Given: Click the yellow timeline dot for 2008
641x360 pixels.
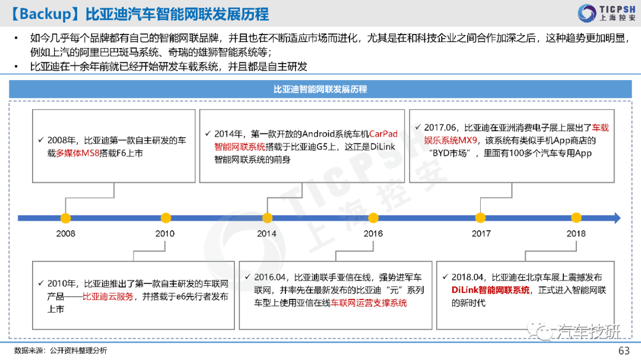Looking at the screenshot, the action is (x=65, y=218).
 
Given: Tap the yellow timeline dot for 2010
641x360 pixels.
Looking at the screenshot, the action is (x=166, y=218).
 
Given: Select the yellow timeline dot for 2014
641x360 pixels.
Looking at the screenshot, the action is (x=267, y=218).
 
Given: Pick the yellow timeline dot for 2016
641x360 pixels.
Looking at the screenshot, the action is (x=373, y=218).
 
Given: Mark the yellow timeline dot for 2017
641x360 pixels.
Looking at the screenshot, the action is (x=481, y=218).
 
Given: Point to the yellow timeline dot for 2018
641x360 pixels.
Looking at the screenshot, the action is (x=576, y=218).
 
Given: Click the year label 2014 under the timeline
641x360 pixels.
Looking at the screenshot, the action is (x=266, y=234).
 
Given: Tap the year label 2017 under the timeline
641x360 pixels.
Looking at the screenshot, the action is (x=481, y=234).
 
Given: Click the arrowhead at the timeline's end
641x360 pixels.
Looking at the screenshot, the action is (x=617, y=218).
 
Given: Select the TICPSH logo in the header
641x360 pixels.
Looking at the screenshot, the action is (x=607, y=13).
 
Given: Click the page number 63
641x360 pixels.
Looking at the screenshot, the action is (x=624, y=351).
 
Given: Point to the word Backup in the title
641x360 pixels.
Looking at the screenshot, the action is (x=45, y=14).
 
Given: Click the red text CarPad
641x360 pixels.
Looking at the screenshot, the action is (x=383, y=134).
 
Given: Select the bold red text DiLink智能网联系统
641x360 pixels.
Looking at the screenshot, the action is (x=491, y=290).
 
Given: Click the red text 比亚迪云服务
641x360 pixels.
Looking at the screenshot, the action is (x=108, y=297).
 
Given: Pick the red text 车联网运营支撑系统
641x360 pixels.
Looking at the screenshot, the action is (x=369, y=303).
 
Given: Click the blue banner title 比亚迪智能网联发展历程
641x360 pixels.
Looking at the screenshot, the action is (x=320, y=89).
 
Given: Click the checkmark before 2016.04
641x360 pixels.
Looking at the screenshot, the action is (x=247, y=277).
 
